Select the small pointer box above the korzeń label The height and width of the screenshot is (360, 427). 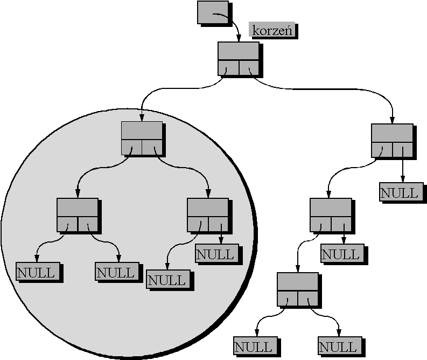212,13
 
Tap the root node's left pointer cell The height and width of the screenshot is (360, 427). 228,68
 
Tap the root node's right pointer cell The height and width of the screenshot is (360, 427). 249,68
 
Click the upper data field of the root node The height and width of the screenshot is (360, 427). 239,52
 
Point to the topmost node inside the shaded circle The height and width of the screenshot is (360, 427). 142,137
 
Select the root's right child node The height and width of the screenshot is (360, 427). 392,141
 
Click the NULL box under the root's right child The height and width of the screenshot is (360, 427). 400,193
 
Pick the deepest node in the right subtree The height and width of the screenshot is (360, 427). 297,289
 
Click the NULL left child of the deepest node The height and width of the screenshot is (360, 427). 254,346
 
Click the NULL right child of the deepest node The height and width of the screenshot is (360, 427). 338,346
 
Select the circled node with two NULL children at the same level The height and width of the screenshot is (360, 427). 78,214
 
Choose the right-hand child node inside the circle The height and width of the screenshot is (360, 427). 208,214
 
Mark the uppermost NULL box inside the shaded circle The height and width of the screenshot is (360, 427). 215,254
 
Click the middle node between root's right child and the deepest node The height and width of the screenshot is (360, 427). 331,214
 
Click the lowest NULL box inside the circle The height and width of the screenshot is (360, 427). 167,280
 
